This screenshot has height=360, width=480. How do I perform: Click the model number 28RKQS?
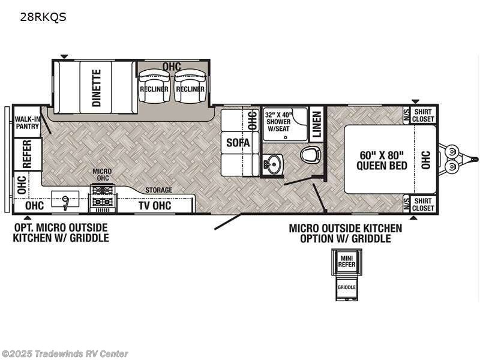(x=43, y=17)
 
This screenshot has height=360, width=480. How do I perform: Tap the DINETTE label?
(x=97, y=88)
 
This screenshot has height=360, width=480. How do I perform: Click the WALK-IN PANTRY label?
(x=27, y=123)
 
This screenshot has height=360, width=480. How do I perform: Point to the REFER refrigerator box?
(x=27, y=154)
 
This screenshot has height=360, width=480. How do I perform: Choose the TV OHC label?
(x=155, y=206)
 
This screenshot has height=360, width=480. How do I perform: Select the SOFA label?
(x=234, y=143)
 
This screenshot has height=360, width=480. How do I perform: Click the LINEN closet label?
(x=317, y=124)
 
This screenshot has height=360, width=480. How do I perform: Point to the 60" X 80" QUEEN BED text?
(x=383, y=160)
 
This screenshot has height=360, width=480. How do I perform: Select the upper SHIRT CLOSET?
(x=423, y=115)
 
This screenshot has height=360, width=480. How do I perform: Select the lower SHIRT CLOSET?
(x=423, y=205)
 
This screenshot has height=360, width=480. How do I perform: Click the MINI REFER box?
(x=346, y=263)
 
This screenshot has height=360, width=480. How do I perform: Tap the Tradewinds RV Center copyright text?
(x=65, y=354)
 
